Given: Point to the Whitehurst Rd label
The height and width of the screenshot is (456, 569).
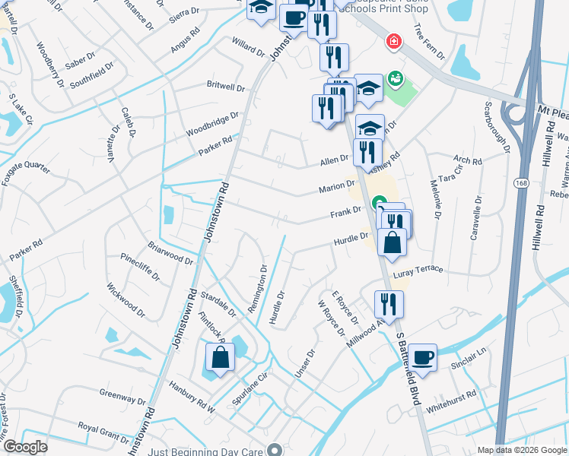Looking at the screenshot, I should pyautogui.click(x=452, y=401).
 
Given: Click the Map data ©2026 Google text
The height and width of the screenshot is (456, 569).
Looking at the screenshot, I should pyautogui.click(x=521, y=450).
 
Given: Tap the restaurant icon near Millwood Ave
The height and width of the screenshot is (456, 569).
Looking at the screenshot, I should pyautogui.click(x=389, y=304).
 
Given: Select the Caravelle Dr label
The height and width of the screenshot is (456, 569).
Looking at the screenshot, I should pyautogui.click(x=475, y=219).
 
